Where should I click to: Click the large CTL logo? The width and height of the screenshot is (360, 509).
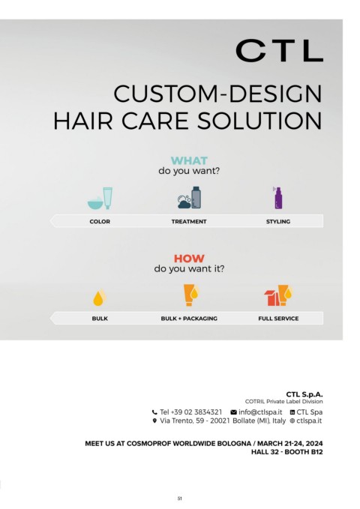[279, 51]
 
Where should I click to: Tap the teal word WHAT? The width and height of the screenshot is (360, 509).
[189, 160]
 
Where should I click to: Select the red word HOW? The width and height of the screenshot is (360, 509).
[189, 259]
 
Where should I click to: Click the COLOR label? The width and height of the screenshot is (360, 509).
[100, 221]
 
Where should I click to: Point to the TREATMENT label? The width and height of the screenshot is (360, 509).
[189, 221]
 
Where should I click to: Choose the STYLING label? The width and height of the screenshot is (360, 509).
[278, 221]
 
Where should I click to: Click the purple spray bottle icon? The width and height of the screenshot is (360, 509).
[277, 198]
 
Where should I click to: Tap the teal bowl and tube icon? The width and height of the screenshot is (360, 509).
[100, 198]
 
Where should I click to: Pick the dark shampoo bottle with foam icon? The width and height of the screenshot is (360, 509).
[190, 197]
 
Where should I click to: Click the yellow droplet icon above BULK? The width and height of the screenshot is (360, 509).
[100, 298]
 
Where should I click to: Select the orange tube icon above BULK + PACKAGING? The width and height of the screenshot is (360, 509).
[190, 295]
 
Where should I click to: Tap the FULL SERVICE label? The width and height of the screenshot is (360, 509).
[278, 319]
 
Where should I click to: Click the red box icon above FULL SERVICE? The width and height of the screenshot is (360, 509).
[271, 298]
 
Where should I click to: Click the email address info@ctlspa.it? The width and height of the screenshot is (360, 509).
[260, 412]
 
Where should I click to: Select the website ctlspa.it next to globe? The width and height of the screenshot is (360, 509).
[309, 421]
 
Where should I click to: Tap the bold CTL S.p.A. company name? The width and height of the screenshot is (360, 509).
[304, 394]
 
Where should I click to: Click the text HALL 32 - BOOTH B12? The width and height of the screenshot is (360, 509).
[287, 452]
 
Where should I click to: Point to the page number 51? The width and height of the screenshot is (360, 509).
[180, 499]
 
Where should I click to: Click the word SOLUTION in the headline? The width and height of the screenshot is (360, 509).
[259, 121]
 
